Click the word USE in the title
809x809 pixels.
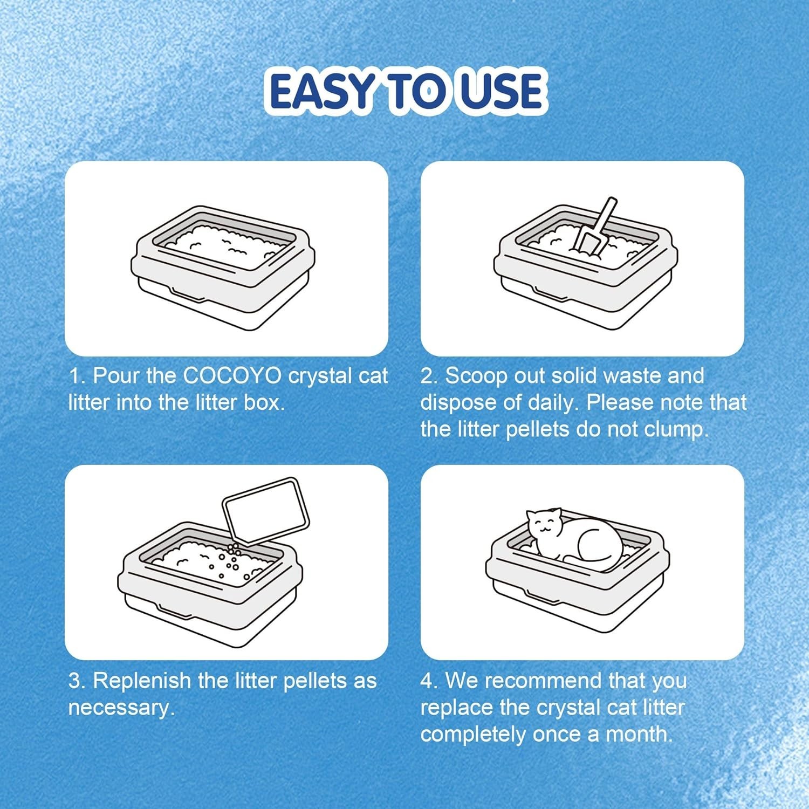[x=497, y=91]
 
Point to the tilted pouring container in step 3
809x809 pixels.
[x=266, y=510]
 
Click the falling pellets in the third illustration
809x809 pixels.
[x=231, y=561]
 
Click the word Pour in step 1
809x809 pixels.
[x=116, y=376]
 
